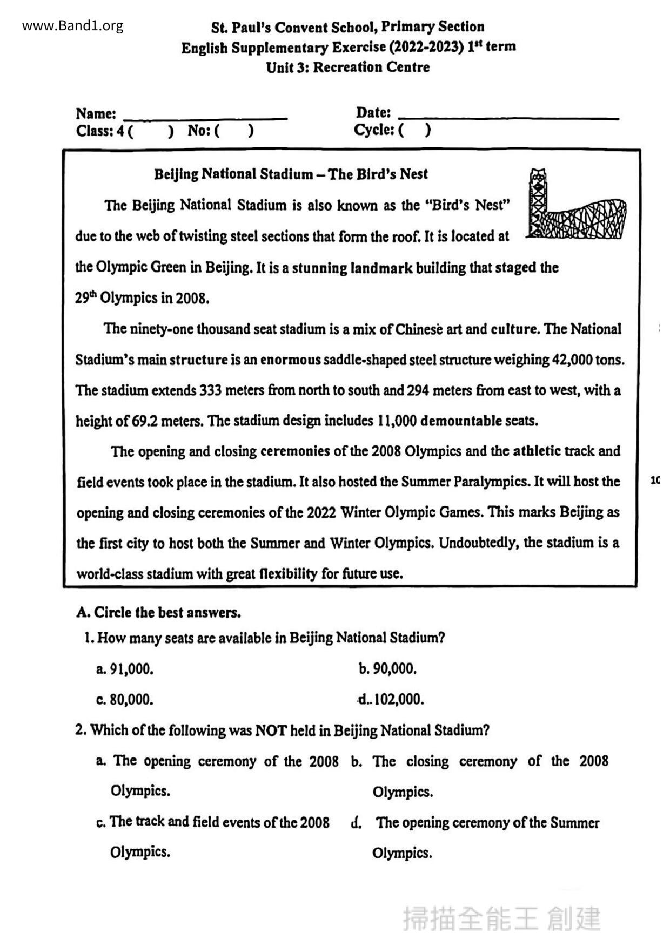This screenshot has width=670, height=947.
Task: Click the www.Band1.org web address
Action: pos(73,25)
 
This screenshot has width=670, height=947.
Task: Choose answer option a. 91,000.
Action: pos(125,669)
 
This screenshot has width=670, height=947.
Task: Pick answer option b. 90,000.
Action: pos(387,669)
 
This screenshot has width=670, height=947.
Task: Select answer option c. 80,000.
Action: pos(125,700)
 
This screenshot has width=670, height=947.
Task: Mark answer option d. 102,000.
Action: pos(391,700)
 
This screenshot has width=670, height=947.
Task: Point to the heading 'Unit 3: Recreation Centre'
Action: pos(348,67)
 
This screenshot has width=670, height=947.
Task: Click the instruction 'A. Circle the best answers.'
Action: pos(158,613)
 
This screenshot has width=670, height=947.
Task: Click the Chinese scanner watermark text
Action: pos(501,919)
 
